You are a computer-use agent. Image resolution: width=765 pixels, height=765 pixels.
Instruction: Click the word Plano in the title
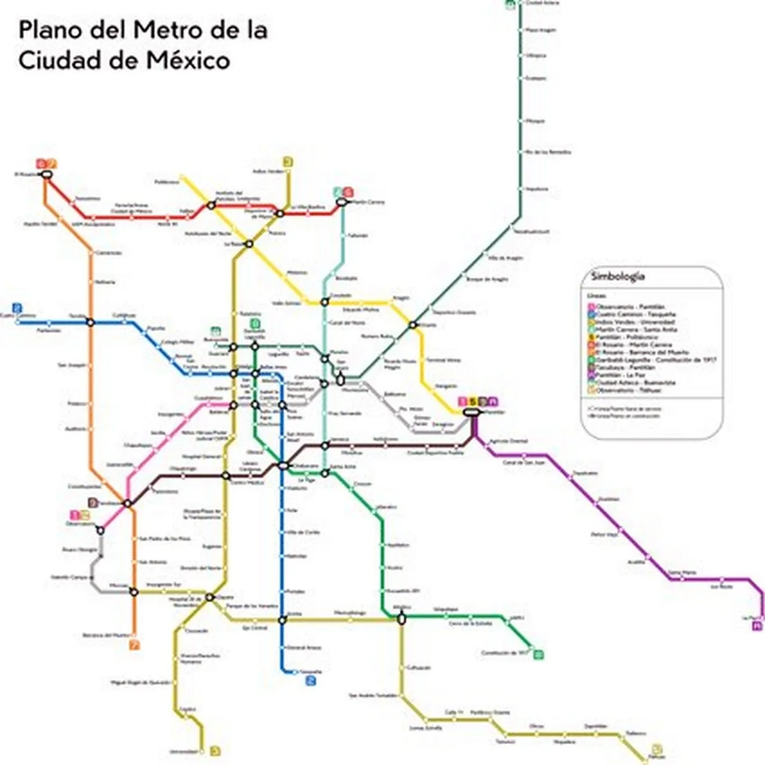(49, 31)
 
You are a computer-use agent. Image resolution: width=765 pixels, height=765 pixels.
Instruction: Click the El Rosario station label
(26, 173)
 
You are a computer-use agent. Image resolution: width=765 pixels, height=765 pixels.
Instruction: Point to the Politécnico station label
(167, 182)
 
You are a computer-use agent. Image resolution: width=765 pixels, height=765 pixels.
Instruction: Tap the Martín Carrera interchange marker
(342, 201)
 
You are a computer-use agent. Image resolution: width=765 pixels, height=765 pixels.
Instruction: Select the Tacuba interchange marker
(90, 323)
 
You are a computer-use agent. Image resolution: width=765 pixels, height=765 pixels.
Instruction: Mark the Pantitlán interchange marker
(472, 412)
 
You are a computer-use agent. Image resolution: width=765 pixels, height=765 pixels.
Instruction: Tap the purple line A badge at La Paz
(757, 627)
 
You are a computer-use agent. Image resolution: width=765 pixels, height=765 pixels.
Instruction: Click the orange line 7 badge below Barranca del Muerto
(134, 645)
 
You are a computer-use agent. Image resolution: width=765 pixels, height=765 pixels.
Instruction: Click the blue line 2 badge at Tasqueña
(310, 681)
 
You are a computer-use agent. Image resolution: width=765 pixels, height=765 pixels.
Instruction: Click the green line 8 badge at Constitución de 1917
(539, 653)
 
